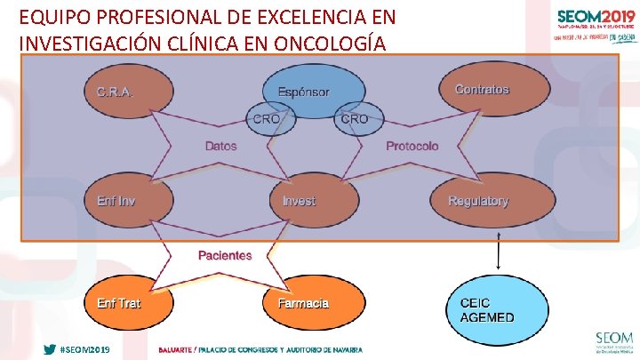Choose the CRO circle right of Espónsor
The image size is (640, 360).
(354, 119)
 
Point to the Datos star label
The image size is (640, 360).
(221, 146)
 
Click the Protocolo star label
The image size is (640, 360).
(412, 146)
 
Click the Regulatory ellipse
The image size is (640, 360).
(479, 201)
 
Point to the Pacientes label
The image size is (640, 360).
(225, 255)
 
